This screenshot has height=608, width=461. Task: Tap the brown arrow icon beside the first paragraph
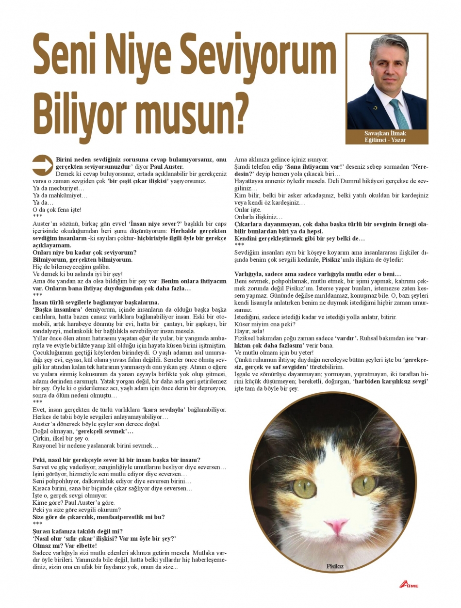(42, 165)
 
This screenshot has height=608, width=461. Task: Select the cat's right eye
(365, 483)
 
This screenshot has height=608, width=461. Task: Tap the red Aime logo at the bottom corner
(409, 584)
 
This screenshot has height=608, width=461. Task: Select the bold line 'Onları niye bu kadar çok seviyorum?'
(84, 253)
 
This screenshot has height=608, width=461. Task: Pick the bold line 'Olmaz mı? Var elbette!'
(65, 545)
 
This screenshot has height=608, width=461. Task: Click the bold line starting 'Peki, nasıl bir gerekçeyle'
(116, 460)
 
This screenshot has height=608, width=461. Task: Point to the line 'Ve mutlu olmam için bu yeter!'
(274, 352)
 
